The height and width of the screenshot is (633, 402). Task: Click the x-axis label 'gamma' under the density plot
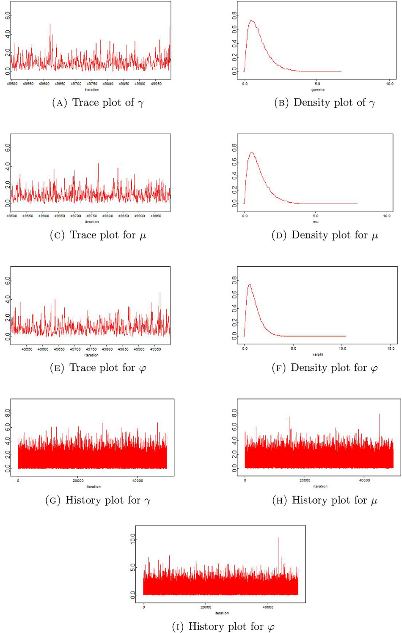[318, 89]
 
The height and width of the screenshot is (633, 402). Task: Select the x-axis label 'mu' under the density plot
[316, 222]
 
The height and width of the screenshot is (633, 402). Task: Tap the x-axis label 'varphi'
[318, 354]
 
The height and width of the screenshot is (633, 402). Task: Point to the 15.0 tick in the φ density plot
[390, 348]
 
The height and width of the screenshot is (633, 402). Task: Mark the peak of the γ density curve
[251, 21]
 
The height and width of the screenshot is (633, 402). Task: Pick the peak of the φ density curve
[249, 285]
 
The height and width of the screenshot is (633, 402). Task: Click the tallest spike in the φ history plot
[279, 538]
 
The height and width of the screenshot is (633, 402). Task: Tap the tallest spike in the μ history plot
[380, 414]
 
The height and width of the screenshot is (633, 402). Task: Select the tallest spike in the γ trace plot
[50, 25]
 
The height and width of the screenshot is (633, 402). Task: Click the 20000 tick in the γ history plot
[78, 481]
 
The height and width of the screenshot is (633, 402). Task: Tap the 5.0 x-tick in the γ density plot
[317, 84]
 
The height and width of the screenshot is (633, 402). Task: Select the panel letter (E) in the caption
[57, 368]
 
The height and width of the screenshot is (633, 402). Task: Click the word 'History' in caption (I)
[204, 626]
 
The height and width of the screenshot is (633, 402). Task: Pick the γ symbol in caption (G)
[147, 501]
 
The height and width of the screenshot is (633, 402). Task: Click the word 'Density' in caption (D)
[309, 235]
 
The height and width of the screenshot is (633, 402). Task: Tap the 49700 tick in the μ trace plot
[75, 216]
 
